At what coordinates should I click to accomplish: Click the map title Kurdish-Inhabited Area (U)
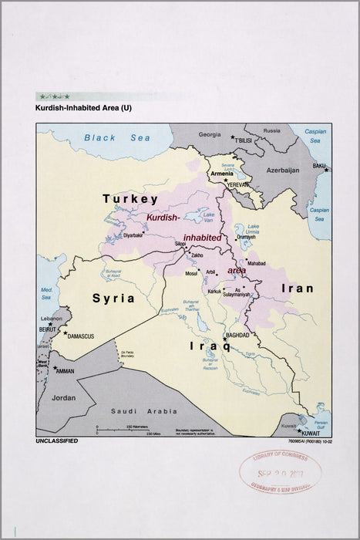[83, 109]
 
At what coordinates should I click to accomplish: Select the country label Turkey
[130, 199]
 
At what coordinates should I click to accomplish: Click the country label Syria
[113, 298]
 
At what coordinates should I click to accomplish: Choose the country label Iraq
[210, 346]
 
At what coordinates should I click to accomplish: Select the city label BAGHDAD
[237, 335]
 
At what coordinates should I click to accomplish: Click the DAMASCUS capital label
[80, 336]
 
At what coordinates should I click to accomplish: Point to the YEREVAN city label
[237, 186]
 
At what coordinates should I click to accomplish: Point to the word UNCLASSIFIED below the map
[56, 440]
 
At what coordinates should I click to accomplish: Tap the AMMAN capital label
[65, 370]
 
